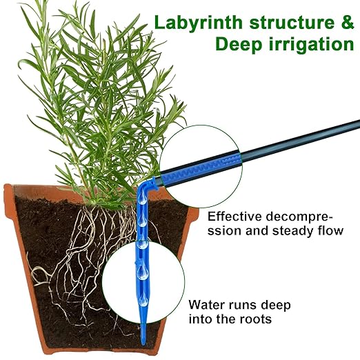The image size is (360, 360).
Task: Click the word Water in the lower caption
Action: coord(208,304)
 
